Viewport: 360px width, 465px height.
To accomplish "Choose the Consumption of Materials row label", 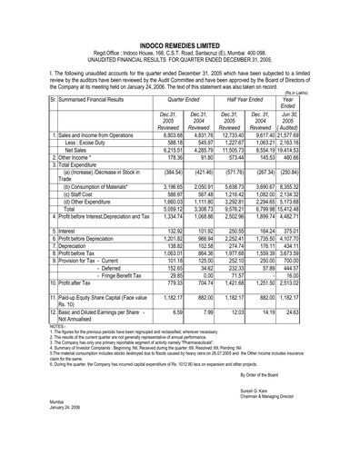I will pyautogui.click(x=95, y=223).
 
